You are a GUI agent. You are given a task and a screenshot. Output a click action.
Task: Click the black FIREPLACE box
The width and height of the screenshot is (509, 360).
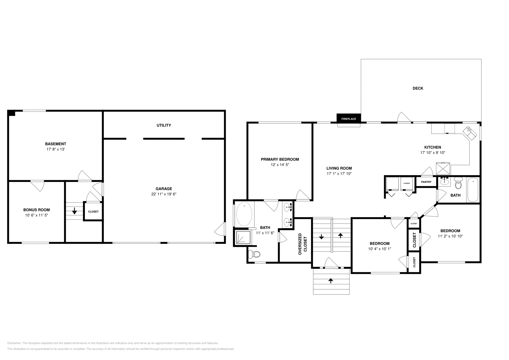(349, 118)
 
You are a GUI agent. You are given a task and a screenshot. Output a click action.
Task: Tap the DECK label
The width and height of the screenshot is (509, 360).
(418, 88)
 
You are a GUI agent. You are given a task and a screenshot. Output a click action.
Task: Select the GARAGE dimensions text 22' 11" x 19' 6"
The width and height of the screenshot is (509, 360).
(164, 194)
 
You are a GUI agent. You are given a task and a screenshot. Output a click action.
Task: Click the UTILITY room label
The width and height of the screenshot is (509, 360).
(164, 125)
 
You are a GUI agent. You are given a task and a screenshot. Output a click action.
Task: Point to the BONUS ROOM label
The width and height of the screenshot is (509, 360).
(37, 210)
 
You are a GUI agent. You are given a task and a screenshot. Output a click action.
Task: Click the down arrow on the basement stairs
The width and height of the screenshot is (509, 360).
(74, 211)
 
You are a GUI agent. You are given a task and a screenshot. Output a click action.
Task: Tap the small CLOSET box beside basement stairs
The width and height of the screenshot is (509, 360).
(93, 211)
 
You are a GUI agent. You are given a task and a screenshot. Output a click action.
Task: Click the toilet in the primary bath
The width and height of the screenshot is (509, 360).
(254, 254)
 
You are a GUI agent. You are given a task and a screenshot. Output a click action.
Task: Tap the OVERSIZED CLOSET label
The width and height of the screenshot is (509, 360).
(303, 244)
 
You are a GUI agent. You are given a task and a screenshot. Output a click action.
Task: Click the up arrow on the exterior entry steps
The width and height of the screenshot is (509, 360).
(331, 281)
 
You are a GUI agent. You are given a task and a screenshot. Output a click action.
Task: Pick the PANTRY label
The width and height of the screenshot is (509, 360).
(426, 182)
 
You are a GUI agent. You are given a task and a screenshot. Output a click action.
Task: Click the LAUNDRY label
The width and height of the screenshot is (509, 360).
(407, 183)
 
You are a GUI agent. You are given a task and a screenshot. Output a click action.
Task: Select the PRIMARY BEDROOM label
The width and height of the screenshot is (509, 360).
(280, 159)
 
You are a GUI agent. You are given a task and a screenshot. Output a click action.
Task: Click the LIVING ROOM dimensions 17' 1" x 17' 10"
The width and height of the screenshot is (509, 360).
(339, 174)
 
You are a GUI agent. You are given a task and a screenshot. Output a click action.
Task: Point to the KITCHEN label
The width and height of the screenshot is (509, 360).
(433, 147)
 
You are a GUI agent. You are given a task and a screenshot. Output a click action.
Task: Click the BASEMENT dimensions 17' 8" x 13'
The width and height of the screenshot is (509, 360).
(55, 149)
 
